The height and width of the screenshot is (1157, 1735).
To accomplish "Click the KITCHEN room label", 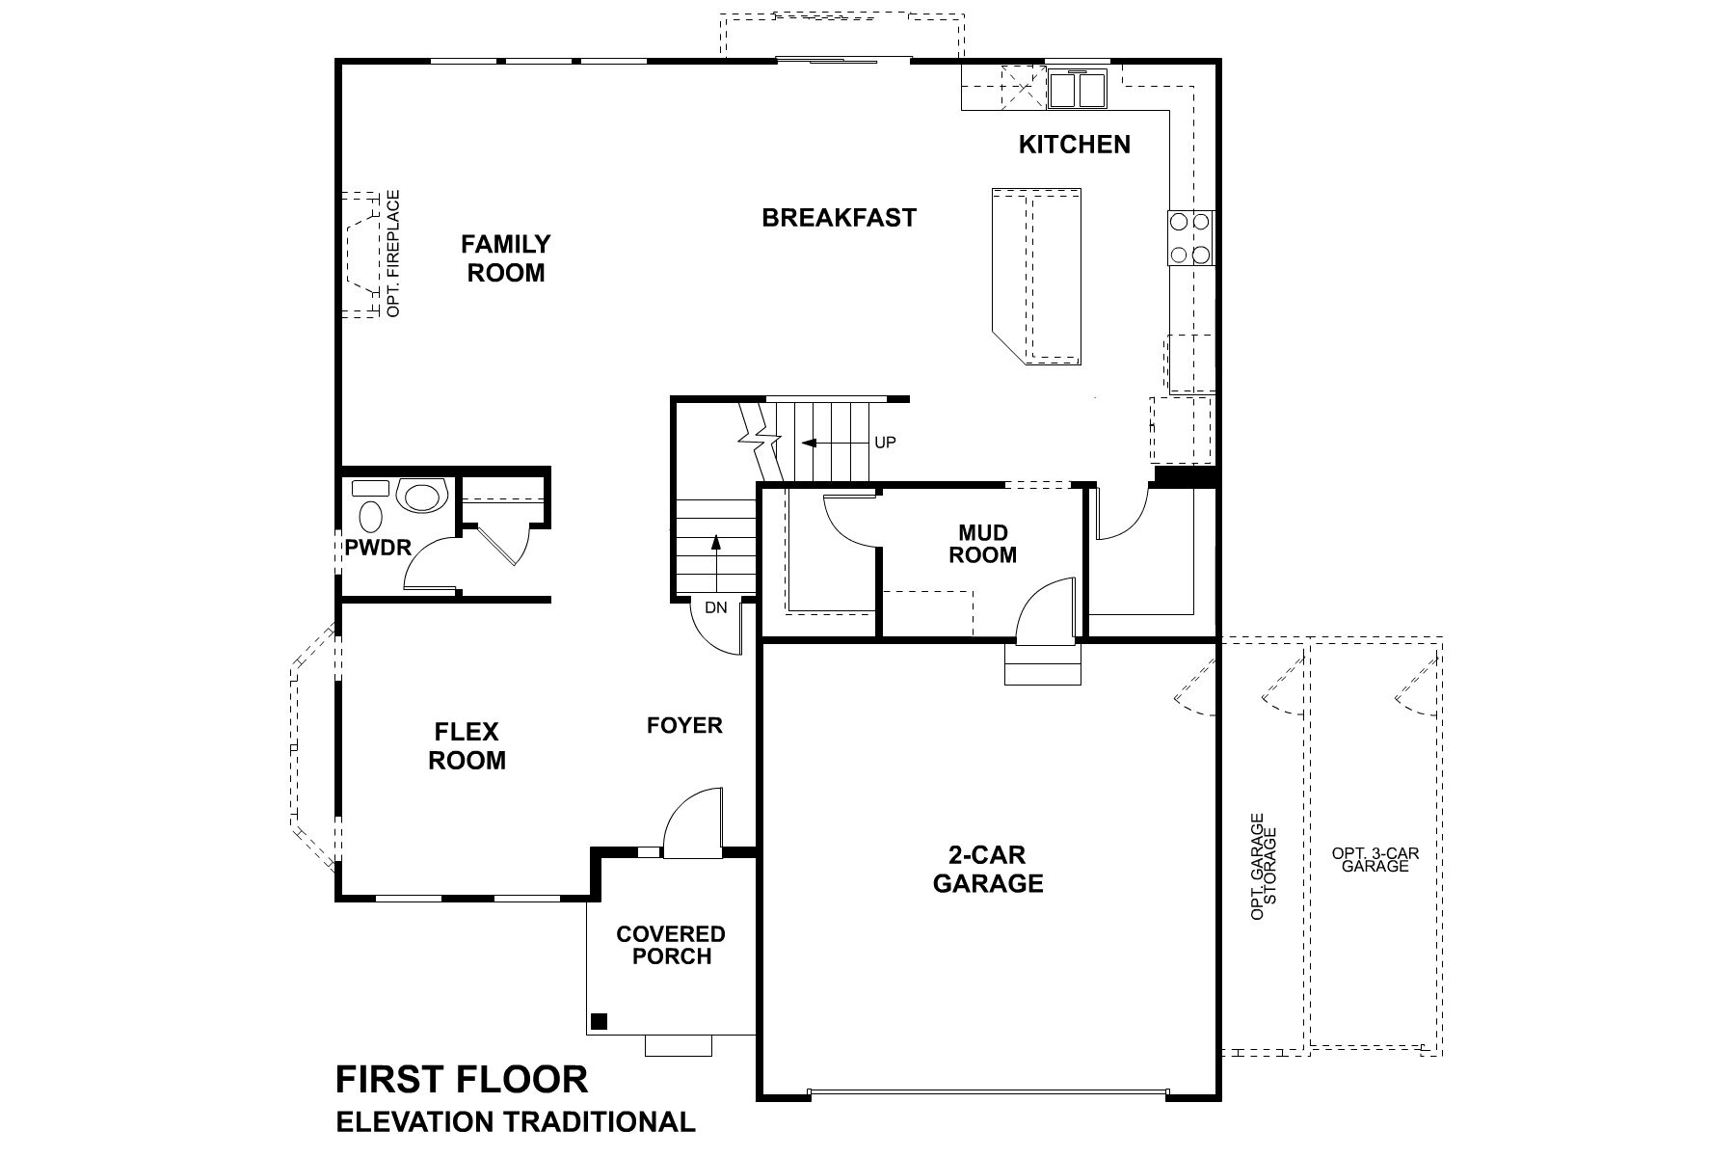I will [1074, 145].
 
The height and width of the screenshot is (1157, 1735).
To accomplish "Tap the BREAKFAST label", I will [839, 218].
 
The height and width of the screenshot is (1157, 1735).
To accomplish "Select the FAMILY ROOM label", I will [505, 258].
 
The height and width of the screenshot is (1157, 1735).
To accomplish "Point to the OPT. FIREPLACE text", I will [392, 254].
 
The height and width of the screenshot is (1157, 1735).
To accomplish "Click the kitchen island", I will [1037, 276].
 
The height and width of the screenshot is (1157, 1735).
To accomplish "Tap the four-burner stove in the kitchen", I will [1188, 238].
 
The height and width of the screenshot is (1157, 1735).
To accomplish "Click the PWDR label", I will [378, 548].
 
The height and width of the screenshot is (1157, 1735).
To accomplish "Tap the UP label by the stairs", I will [885, 443].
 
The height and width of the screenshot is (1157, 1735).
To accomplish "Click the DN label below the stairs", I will [715, 607].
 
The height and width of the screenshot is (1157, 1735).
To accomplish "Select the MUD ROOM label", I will [982, 544].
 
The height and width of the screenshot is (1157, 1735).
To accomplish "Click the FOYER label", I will [684, 725].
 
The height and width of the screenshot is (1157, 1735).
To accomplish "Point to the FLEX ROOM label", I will [467, 746].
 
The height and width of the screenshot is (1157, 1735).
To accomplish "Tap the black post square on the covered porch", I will [599, 1021].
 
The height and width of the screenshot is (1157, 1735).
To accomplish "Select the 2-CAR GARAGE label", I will [987, 869].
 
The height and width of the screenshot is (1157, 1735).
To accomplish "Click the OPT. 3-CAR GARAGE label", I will [1375, 859].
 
